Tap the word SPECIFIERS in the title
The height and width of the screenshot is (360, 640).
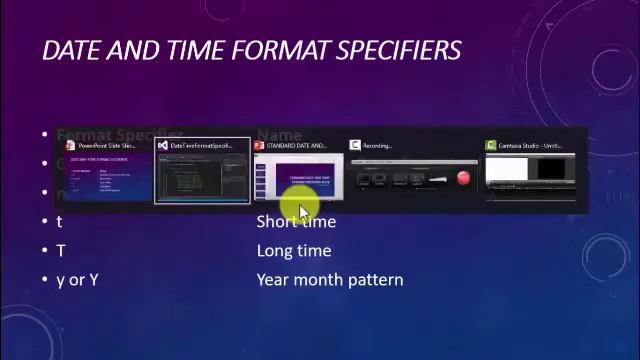(399, 50)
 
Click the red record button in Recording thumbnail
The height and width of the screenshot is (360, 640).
(463, 179)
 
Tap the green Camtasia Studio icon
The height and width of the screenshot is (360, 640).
(490, 146)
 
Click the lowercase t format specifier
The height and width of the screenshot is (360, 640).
(59, 222)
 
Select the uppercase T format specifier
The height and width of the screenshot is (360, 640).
(60, 251)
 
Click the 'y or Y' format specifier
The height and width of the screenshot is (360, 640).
(77, 280)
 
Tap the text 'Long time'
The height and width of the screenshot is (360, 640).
(293, 251)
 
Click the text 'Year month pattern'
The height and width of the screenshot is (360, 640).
(329, 280)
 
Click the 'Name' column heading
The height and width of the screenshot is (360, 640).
(279, 135)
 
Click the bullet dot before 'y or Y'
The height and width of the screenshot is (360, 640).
(45, 280)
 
